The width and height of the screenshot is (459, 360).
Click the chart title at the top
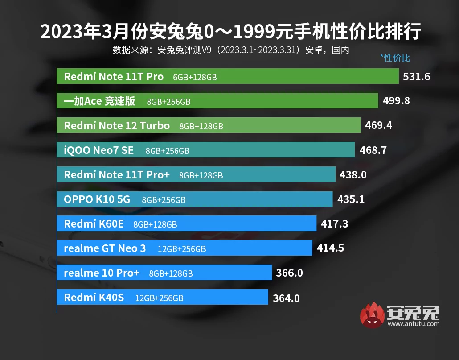pyautogui.click(x=230, y=32)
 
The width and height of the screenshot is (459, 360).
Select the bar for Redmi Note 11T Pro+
pyautogui.click(x=196, y=174)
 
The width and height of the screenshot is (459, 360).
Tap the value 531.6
pyautogui.click(x=416, y=77)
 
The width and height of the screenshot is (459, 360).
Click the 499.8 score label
pyautogui.click(x=396, y=101)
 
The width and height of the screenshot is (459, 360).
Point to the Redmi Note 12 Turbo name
pyautogui.click(x=117, y=126)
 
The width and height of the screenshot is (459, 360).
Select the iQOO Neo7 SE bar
pyautogui.click(x=205, y=150)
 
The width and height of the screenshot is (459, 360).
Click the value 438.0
pyautogui.click(x=353, y=175)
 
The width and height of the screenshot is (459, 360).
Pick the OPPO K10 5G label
pyautogui.click(x=97, y=199)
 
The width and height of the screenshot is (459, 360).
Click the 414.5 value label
pyautogui.click(x=330, y=248)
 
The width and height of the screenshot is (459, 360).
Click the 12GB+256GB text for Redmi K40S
pyautogui.click(x=159, y=298)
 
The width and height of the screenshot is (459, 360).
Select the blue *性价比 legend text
pyautogui.click(x=395, y=58)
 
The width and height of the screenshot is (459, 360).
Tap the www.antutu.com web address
pyautogui.click(x=413, y=323)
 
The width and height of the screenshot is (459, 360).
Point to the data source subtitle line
pyautogui.click(x=230, y=50)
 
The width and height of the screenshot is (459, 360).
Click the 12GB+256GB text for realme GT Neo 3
pyautogui.click(x=182, y=249)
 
